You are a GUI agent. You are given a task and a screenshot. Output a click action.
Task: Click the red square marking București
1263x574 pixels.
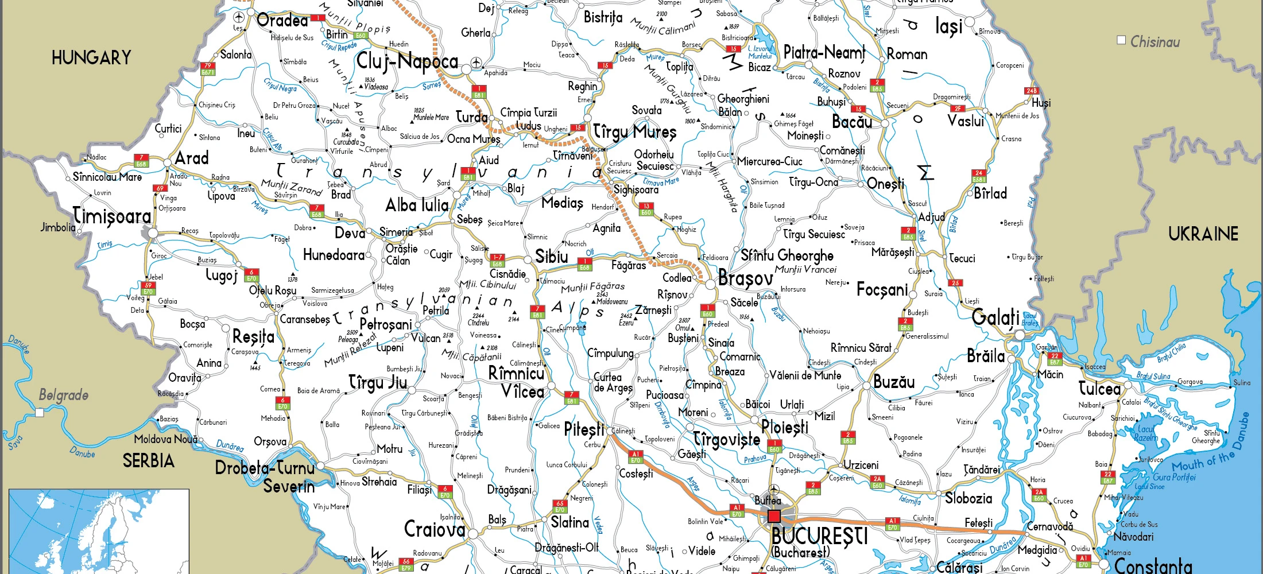click(774, 515)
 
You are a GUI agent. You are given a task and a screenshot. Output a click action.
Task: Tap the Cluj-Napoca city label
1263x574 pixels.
click(407, 61)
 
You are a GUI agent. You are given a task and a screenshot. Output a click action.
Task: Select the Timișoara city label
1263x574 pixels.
click(112, 216)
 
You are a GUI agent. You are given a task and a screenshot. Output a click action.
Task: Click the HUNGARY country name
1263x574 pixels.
click(91, 57)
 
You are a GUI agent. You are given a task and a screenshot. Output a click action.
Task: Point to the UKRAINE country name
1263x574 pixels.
click(1203, 234)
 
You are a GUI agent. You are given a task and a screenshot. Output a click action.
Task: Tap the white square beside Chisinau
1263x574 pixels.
click(1121, 40)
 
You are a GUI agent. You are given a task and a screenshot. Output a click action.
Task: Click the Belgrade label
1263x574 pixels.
click(63, 395)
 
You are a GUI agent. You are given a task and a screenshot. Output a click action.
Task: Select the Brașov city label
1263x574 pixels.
click(745, 279)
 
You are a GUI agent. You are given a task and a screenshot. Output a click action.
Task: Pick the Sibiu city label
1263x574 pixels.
click(551, 257)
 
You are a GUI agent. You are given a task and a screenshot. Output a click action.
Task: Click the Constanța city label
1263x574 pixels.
click(1153, 565)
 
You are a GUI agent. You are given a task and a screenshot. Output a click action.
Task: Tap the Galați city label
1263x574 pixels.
click(995, 317)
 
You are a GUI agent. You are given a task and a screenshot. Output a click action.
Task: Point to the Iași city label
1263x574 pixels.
click(948, 26)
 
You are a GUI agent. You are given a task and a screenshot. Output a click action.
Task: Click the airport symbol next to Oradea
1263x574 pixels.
click(239, 17)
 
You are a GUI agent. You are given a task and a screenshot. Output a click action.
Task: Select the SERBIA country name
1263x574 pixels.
click(148, 461)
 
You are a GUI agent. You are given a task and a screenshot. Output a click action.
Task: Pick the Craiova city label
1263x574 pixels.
click(435, 529)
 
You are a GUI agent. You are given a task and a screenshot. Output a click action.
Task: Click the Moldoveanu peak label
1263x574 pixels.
click(612, 301)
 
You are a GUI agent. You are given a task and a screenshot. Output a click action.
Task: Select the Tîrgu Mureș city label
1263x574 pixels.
click(634, 132)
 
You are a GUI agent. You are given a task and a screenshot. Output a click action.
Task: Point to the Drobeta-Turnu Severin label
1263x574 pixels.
click(265, 476)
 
